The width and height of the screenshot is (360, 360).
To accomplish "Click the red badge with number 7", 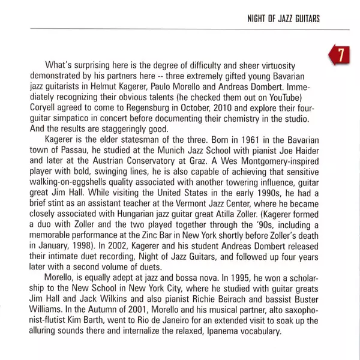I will pos(340,57).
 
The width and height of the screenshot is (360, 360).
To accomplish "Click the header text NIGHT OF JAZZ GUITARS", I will pos(283,19).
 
